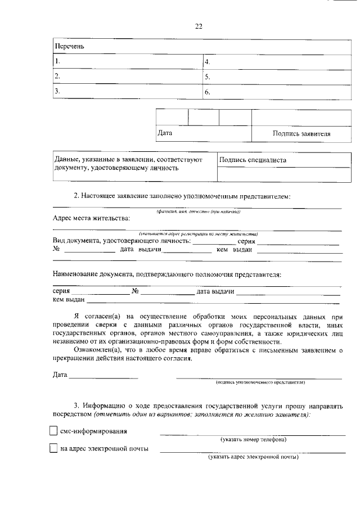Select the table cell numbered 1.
pos(128,61)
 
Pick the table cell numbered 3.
pos(128,91)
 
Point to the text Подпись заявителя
pos(301,134)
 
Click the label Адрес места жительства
pos(91,218)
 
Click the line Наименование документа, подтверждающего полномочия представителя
pos(166,274)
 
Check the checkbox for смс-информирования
pos(53,431)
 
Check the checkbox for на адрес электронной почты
pos(53,449)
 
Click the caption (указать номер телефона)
pos(253,439)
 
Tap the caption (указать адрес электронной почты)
pos(253,457)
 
